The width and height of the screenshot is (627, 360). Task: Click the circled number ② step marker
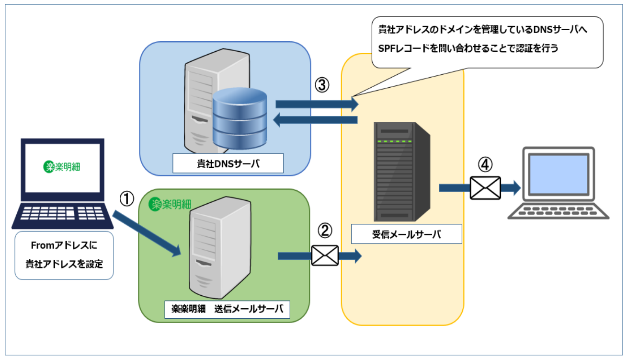[325, 232]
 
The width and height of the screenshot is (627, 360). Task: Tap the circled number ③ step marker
[322, 85]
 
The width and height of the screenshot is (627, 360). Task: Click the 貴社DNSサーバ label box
[228, 163]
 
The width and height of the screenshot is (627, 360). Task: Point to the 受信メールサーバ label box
[406, 235]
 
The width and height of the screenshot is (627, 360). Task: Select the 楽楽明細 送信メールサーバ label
[227, 309]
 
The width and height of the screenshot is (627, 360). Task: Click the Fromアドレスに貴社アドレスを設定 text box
[64, 255]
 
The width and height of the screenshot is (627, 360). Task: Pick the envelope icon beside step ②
[325, 255]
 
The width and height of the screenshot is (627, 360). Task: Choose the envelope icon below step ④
[485, 187]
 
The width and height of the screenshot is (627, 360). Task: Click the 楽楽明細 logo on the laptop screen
[62, 166]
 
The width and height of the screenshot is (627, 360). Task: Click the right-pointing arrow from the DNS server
[317, 104]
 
